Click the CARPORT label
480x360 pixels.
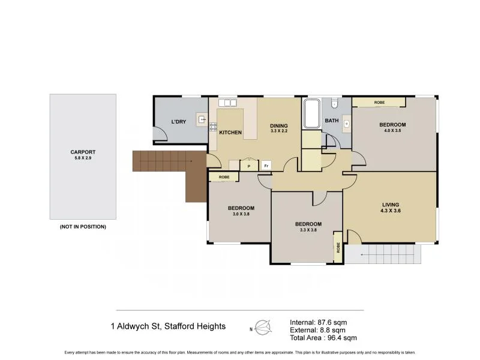[83, 152]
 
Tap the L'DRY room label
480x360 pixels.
[178, 122]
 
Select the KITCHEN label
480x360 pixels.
[230, 132]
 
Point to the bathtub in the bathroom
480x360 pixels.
[312, 114]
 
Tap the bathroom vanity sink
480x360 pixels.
[346, 125]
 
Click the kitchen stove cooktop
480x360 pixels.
[212, 125]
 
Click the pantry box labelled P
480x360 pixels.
[248, 166]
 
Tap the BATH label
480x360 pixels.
[332, 121]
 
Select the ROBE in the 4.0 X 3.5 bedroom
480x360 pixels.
[379, 103]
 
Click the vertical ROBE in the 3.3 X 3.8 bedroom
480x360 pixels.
[338, 247]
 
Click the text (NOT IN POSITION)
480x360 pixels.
[83, 227]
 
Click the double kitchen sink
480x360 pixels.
[227, 103]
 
